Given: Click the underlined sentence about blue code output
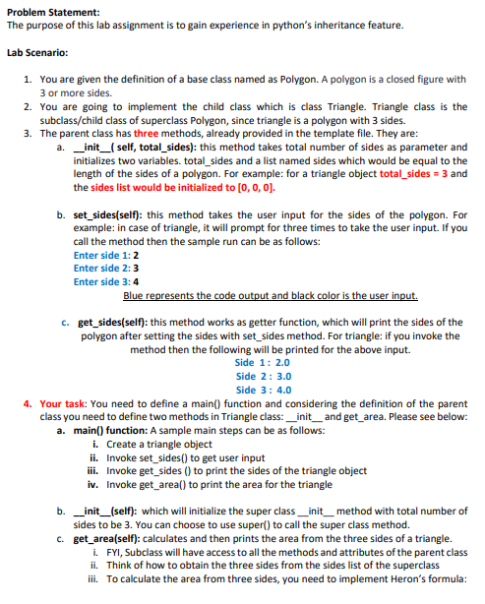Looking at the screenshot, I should coord(272,295).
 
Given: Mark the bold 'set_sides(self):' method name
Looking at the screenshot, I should coord(112,212).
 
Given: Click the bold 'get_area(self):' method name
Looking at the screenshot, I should coord(112,538).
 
